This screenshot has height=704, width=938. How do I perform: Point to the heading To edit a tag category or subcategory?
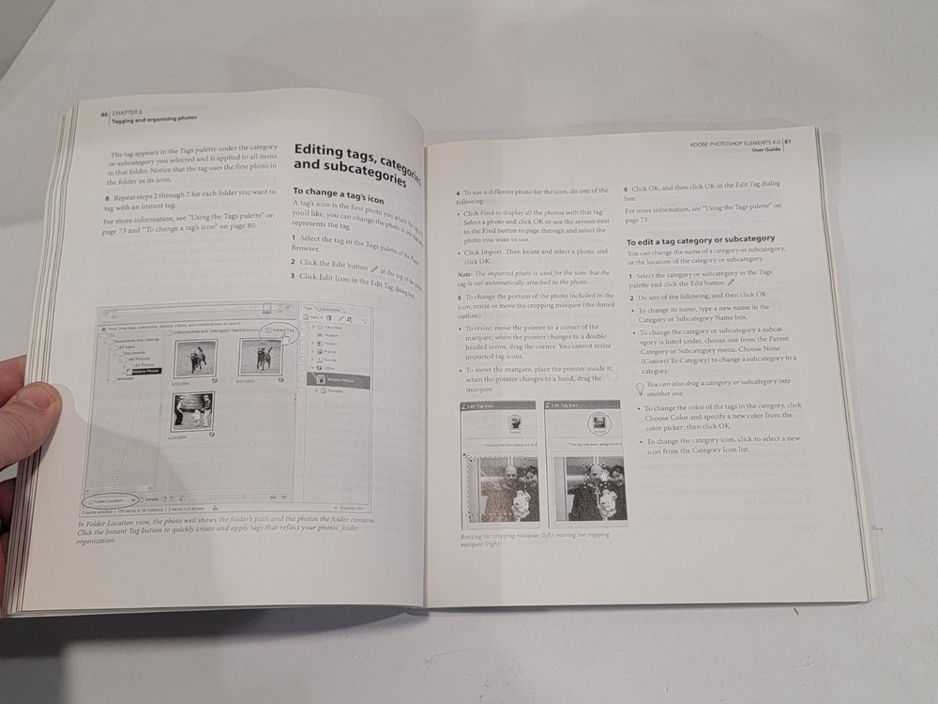(x=700, y=240)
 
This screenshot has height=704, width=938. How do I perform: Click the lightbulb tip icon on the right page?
(x=641, y=386)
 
